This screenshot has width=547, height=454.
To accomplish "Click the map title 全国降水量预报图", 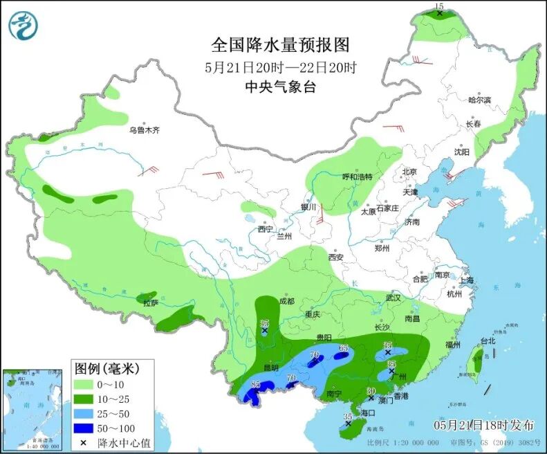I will (280, 45).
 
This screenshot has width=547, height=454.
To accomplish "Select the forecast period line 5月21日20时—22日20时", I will (280, 68).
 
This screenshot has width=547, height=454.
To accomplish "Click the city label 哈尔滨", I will (479, 100).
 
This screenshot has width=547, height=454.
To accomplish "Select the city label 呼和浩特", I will (358, 176).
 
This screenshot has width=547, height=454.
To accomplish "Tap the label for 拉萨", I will (151, 302).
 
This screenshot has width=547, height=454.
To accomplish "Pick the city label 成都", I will (287, 301).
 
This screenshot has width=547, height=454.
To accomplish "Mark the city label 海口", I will (367, 412).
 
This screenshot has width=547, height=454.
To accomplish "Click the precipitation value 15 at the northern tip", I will (438, 6).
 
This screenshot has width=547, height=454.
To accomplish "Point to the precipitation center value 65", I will (343, 347).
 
